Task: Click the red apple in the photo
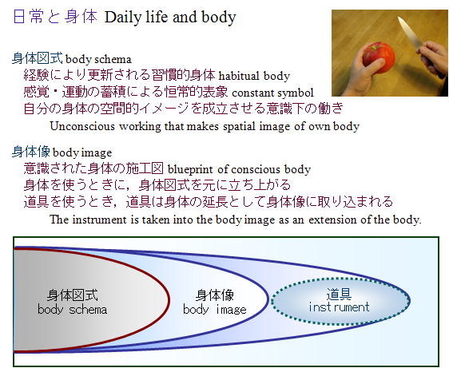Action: click(379, 57)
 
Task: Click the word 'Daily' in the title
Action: click(123, 18)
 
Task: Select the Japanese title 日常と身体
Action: click(55, 16)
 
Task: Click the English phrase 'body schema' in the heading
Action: click(98, 59)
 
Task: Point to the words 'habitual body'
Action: click(254, 76)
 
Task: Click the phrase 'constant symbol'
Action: click(273, 93)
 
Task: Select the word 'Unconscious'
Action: click(82, 126)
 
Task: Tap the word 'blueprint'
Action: click(190, 169)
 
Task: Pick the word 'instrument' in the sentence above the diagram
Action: click(99, 220)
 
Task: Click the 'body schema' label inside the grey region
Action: click(73, 310)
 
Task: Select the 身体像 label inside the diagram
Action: click(215, 295)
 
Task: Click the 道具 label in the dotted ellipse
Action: click(339, 294)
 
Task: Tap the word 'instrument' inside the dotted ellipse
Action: click(339, 307)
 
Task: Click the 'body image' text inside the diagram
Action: click(215, 310)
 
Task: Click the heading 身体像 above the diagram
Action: click(31, 152)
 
